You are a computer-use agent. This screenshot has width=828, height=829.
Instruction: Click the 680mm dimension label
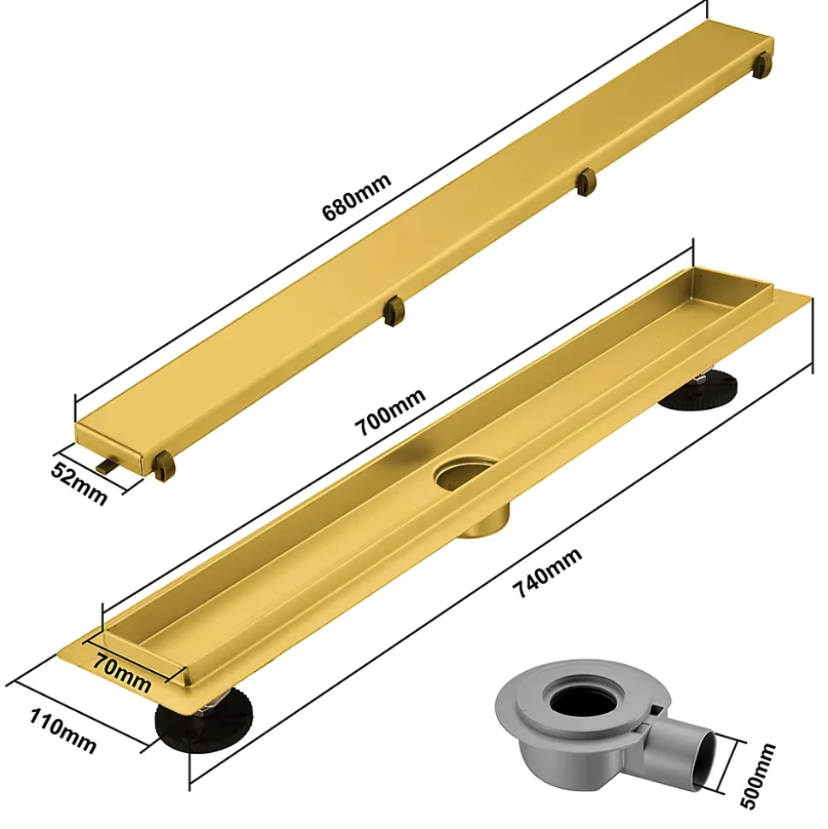(356, 196)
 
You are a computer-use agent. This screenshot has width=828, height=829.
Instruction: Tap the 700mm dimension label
(390, 412)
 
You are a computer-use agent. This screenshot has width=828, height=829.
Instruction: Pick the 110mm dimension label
(62, 732)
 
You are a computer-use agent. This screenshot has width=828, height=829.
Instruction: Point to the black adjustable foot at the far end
(698, 391)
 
